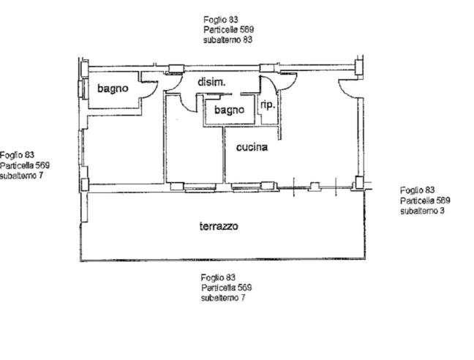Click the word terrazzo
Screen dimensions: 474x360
point(219,226)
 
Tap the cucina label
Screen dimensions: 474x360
point(252,147)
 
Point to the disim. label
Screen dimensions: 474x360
point(211,82)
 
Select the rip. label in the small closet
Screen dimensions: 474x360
point(268,105)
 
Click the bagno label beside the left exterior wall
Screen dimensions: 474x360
point(113,89)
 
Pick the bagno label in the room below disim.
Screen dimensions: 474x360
point(229,110)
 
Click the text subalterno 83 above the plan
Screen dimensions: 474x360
point(227,40)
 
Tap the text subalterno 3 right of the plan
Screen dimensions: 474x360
point(422,211)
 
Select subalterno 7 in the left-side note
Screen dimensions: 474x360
point(21,176)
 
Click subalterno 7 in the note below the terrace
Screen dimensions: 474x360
point(223,298)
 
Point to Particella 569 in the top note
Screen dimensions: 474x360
point(228,29)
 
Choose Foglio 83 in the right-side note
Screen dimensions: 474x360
point(418,190)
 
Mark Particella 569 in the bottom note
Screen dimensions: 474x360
point(227,288)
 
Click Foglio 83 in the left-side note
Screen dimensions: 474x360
point(17,155)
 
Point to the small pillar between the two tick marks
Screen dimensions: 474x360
point(315,186)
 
